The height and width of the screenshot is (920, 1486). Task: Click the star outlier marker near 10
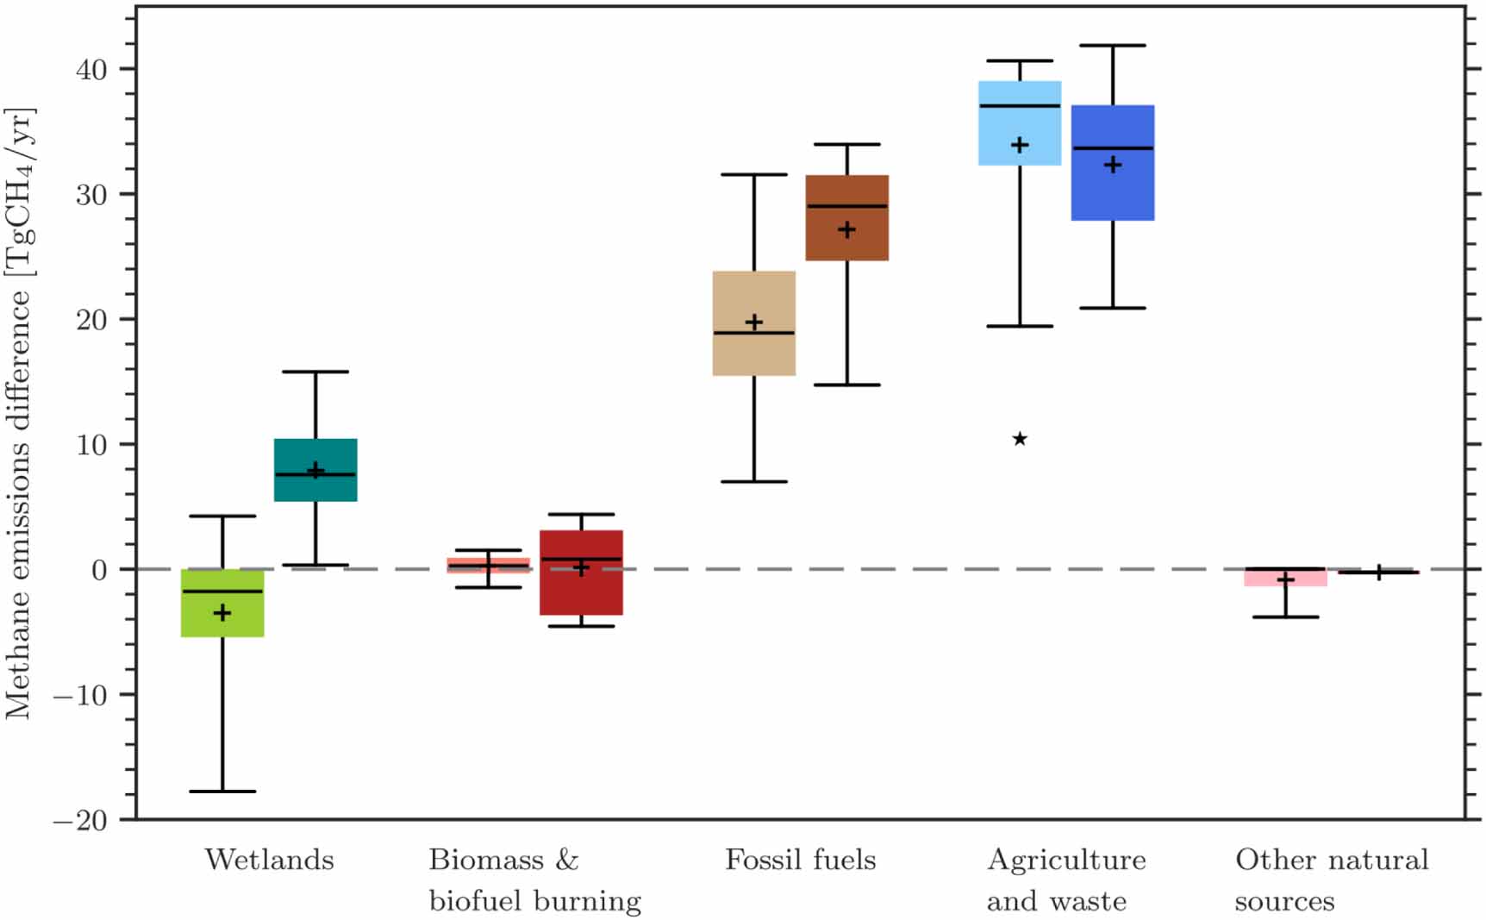(x=1020, y=440)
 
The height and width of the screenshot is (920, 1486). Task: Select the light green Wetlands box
(x=222, y=604)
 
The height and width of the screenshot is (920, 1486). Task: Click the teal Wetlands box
(x=315, y=470)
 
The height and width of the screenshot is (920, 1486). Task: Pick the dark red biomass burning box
(x=581, y=573)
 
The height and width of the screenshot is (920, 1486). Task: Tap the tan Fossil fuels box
(x=754, y=323)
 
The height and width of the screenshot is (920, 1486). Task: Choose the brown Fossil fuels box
(x=847, y=218)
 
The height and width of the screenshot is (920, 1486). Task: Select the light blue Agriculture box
(x=1020, y=123)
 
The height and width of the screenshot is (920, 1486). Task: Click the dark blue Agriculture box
(x=1113, y=163)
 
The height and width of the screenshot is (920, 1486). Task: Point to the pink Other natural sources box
(x=1285, y=578)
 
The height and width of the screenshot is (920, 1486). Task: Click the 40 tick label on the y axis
(x=91, y=70)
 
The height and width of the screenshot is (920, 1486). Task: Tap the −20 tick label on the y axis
(x=81, y=820)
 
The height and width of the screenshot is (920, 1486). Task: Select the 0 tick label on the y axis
(x=100, y=570)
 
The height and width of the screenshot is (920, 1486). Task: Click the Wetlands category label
(x=269, y=860)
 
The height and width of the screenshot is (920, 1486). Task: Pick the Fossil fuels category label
(x=800, y=860)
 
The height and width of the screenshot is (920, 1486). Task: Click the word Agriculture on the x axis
(x=1066, y=860)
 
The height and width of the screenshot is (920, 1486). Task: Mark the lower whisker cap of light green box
(x=222, y=791)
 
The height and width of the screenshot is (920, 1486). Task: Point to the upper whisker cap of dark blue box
(x=1113, y=46)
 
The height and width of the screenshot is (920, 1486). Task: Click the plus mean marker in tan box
(x=754, y=322)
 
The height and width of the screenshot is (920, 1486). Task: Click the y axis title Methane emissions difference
(x=19, y=414)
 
